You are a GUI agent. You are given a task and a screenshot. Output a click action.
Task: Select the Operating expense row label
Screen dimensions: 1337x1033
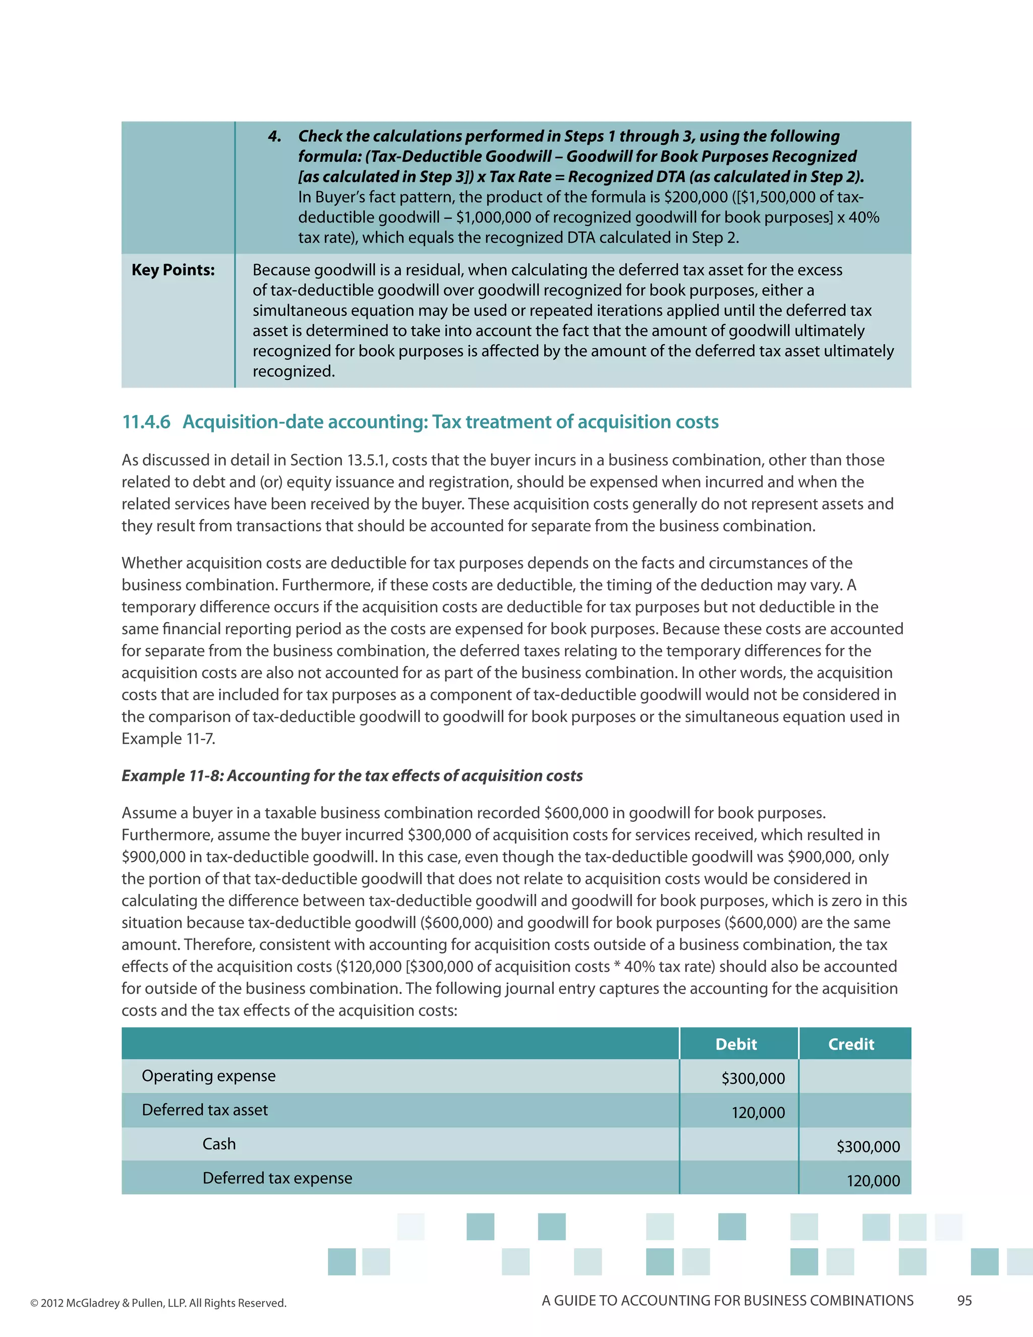click(x=209, y=1076)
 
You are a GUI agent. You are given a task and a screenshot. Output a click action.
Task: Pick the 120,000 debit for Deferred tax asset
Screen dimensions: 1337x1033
click(x=758, y=1112)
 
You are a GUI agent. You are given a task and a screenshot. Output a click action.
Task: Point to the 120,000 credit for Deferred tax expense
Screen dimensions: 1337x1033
click(x=873, y=1181)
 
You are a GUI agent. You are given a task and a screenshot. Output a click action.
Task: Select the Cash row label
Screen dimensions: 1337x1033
click(x=219, y=1144)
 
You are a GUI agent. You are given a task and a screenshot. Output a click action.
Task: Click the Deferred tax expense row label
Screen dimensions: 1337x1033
click(x=277, y=1178)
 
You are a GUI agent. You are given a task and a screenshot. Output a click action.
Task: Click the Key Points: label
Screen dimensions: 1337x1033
click(x=173, y=270)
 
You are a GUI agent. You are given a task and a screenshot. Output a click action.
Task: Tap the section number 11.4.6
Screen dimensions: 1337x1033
click(x=146, y=422)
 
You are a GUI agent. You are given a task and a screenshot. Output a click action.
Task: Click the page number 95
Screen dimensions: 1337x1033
click(x=964, y=1301)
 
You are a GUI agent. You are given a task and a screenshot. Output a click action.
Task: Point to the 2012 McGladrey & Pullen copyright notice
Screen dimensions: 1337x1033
click(x=158, y=1303)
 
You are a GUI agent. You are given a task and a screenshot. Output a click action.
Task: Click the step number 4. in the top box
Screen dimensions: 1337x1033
click(x=275, y=136)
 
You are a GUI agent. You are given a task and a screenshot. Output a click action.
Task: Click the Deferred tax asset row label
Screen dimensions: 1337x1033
click(x=205, y=1110)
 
